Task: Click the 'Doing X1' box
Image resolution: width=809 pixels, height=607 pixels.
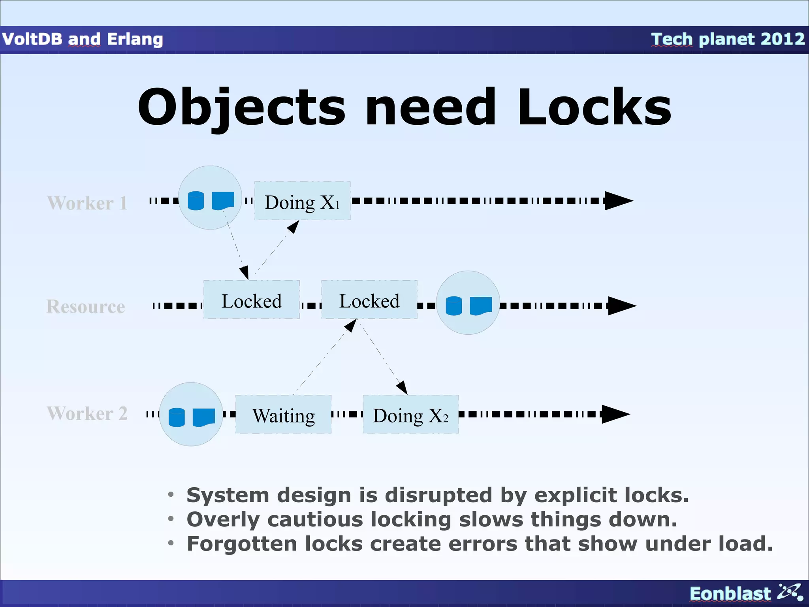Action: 302,201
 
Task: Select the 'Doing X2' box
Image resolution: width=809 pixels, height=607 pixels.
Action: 410,415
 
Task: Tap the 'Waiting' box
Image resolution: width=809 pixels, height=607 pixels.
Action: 283,415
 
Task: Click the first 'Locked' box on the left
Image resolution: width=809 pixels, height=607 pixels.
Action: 252,300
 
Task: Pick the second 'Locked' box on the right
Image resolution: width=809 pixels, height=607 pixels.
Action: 369,300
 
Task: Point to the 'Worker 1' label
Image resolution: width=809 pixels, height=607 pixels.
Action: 87,203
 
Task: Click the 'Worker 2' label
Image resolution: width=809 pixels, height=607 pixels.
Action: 87,413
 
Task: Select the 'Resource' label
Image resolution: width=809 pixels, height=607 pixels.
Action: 86,307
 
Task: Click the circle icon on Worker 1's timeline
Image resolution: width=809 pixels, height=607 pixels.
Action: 210,198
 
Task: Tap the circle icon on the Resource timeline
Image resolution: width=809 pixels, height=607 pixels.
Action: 468,303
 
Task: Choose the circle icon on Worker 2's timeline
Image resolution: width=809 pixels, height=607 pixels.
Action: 191,414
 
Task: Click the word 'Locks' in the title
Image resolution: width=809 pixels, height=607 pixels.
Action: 594,108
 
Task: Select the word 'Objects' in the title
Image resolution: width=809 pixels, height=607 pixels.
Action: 241,108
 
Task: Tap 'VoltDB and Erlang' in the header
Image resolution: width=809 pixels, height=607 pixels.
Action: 83,40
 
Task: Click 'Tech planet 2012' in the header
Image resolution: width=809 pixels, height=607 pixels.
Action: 728,40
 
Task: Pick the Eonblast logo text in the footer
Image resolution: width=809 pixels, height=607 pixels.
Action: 730,594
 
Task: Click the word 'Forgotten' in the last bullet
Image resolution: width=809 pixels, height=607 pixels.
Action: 241,544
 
